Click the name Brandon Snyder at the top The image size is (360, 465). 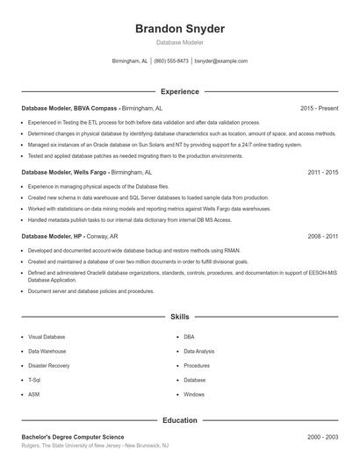point(180,29)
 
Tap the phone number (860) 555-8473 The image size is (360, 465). point(172,61)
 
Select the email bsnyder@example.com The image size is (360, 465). point(220,61)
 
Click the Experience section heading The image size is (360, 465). point(179,91)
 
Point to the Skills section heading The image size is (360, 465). point(179,316)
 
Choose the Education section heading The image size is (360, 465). point(179,420)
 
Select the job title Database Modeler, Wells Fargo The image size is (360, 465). point(68,173)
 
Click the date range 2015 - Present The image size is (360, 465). point(319,109)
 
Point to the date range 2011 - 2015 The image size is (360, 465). point(322,173)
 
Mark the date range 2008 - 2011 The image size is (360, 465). point(322,237)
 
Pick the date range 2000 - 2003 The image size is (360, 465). point(322,437)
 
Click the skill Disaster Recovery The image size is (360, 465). point(48,366)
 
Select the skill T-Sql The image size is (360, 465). point(34,380)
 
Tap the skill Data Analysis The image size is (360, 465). point(201,351)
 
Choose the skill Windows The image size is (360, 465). point(194,395)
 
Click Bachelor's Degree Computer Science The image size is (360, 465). point(73,437)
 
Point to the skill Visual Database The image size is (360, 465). point(47,337)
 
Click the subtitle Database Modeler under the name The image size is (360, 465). point(180,42)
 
